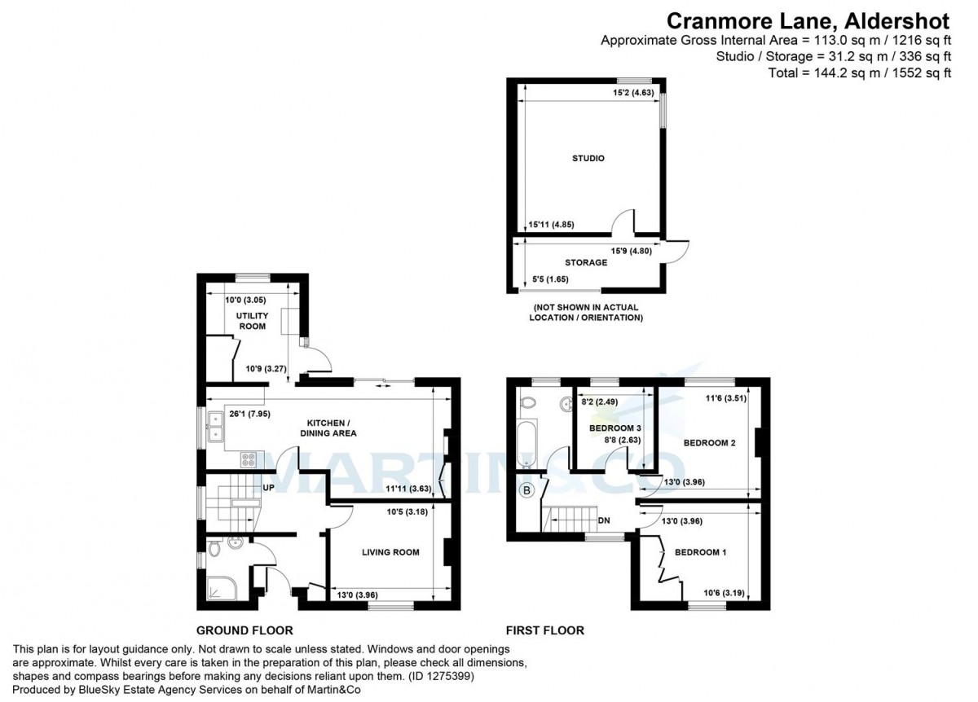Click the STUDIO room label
[x=588, y=158]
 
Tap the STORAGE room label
[x=586, y=263]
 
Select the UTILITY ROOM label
[x=252, y=320]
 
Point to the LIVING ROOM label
[x=390, y=552]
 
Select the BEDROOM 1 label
[x=700, y=552]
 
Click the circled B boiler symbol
[x=526, y=491]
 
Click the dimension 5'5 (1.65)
[x=550, y=279]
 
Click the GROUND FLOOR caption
[x=244, y=630]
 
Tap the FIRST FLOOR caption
[x=545, y=630]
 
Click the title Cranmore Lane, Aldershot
[x=808, y=19]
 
